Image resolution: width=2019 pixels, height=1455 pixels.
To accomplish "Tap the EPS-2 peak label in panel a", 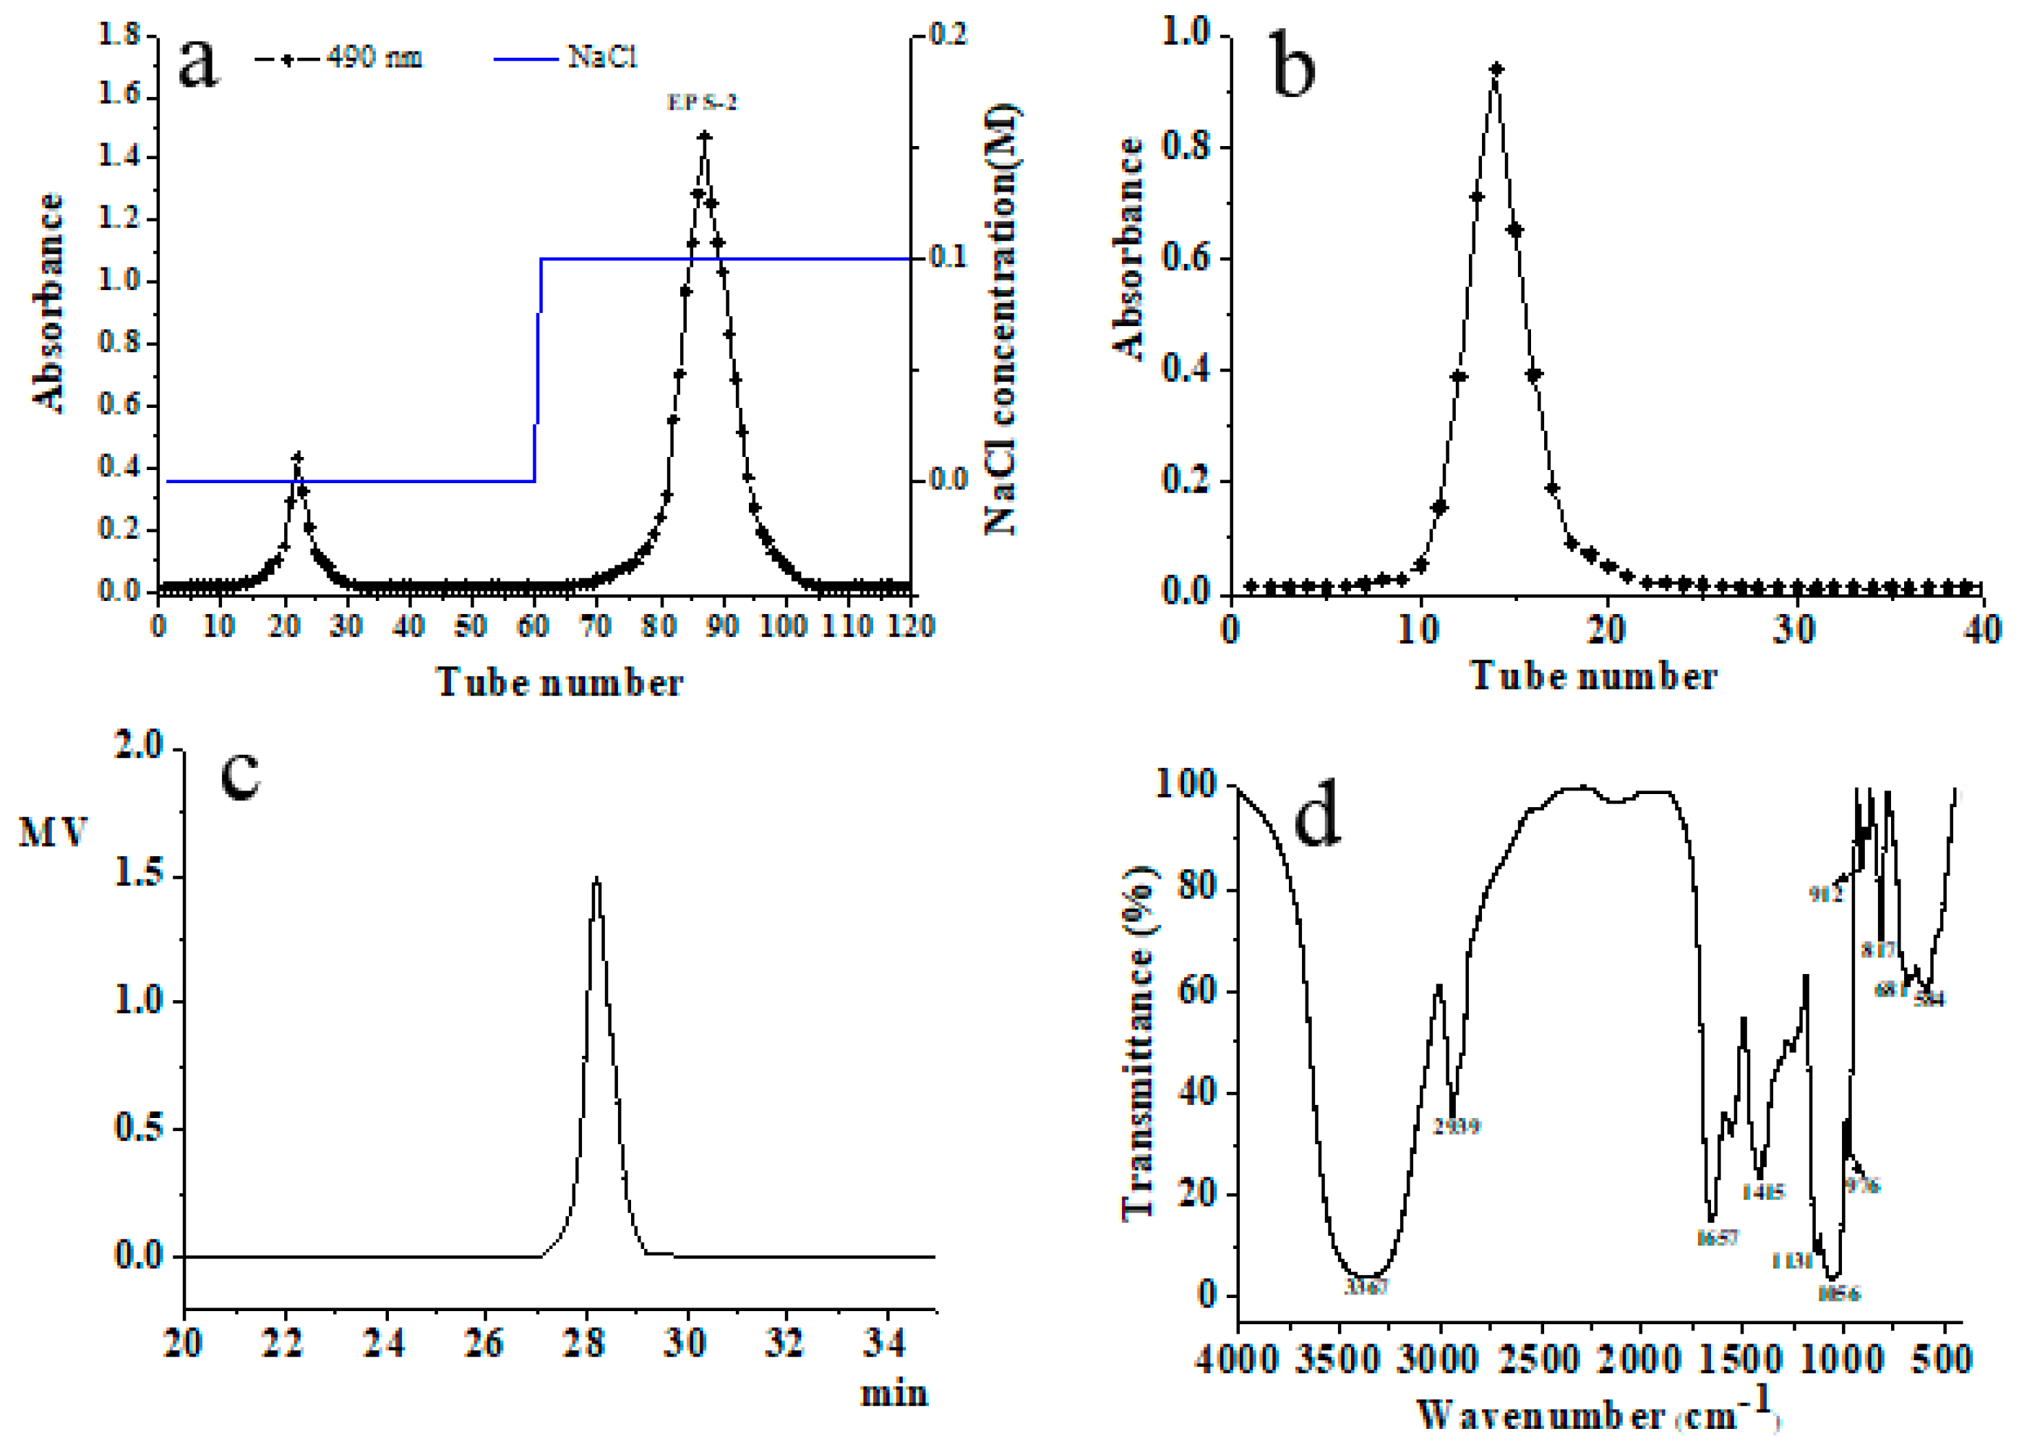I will (x=703, y=103).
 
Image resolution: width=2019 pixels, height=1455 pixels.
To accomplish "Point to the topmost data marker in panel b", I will (x=1496, y=69).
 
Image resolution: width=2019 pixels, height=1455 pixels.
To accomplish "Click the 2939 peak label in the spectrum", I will (x=1457, y=1127).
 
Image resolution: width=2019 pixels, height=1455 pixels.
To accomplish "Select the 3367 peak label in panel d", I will (x=1366, y=1287).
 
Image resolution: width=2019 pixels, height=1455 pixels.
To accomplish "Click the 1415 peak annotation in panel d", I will (x=1764, y=1192).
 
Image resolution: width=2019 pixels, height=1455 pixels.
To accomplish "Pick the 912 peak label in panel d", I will (x=1826, y=893).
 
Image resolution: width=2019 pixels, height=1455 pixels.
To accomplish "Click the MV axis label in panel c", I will (x=53, y=832).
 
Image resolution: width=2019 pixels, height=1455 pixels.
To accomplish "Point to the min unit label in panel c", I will (x=893, y=1394).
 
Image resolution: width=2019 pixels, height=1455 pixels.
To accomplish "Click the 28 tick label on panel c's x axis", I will (x=585, y=1342).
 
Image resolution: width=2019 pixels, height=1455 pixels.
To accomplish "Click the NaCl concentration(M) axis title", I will (x=1004, y=320).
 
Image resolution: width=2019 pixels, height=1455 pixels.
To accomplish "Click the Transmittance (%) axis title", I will (x=1138, y=1042).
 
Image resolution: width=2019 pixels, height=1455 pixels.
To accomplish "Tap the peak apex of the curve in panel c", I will (x=596, y=879).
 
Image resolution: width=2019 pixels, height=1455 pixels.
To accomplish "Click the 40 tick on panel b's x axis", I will (x=1983, y=631).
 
